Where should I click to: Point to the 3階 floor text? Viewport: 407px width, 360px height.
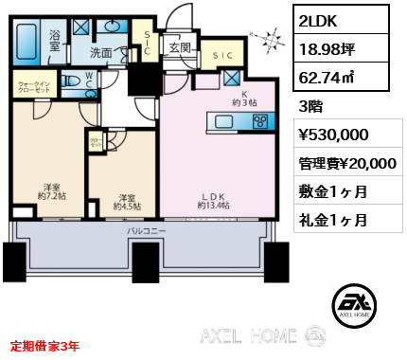[x=312, y=107]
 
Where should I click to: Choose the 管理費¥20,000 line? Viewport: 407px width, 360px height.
[x=346, y=163]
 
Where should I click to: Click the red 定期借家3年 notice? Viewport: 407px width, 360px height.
[x=45, y=346]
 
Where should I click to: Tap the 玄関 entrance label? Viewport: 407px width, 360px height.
[x=180, y=44]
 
